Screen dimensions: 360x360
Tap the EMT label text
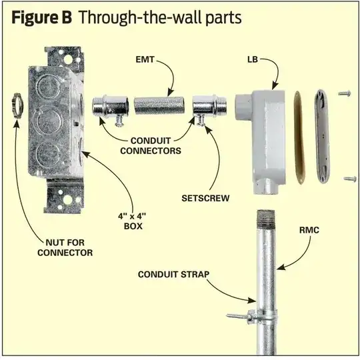point(145,60)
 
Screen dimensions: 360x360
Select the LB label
point(253,60)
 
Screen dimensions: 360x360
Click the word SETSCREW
point(205,198)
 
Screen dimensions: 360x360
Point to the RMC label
point(309,230)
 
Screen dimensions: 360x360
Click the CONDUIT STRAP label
point(174,275)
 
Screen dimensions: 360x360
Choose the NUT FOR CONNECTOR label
point(65,247)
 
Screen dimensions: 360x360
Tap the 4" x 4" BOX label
point(133,221)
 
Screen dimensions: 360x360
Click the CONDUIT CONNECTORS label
point(151,145)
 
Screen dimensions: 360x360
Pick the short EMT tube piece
point(159,106)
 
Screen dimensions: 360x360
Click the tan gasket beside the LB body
point(299,137)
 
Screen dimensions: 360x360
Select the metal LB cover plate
point(322,135)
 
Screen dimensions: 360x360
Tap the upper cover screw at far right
point(345,93)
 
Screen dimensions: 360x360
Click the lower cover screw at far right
point(350,179)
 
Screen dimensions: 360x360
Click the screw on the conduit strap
point(238,317)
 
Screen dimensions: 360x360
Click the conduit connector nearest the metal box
point(111,107)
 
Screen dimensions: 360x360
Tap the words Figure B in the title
point(41,18)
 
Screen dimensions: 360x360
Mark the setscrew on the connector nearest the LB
point(201,121)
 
